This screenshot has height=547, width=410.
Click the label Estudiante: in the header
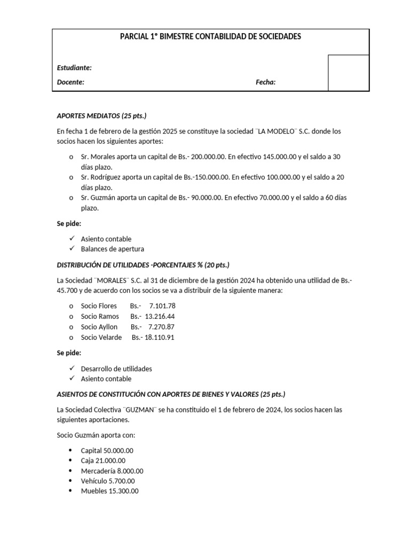click(74, 68)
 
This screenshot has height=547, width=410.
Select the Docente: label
click(70, 82)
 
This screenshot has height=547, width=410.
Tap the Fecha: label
click(265, 82)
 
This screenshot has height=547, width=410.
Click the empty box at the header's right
click(348, 73)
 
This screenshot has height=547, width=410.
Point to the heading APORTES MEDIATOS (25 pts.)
click(101, 116)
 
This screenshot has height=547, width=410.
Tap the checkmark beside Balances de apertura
click(71, 249)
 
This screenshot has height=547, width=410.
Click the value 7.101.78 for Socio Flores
click(162, 306)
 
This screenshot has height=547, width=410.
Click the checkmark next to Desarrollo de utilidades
click(71, 369)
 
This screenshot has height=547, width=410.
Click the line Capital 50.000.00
click(107, 450)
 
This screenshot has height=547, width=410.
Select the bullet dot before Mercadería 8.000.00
click(70, 471)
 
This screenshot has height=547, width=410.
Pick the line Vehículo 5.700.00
click(107, 481)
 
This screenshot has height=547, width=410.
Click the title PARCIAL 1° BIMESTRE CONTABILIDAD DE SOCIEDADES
click(210, 37)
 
